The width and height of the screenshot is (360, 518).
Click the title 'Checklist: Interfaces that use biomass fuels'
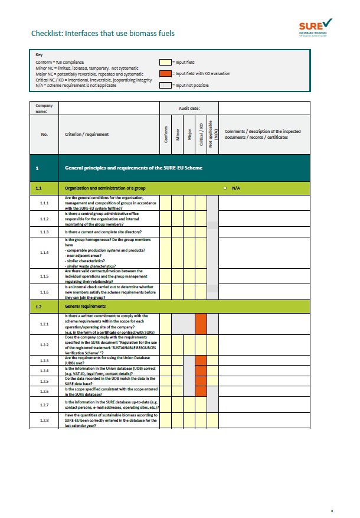click(x=103, y=34)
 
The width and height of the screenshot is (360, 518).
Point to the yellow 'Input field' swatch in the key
click(x=165, y=62)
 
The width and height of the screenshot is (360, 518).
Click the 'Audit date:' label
click(x=189, y=109)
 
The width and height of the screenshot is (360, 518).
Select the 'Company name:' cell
click(x=44, y=108)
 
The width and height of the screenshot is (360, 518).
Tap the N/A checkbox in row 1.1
click(x=225, y=188)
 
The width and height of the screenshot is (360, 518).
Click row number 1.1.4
click(x=44, y=252)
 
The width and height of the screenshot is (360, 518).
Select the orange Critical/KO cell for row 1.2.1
click(x=201, y=324)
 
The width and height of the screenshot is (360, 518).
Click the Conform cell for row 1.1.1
click(x=166, y=203)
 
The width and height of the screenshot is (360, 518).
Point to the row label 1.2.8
click(x=44, y=421)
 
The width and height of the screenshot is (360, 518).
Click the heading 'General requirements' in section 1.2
click(x=85, y=307)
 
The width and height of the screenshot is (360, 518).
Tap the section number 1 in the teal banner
click(x=37, y=169)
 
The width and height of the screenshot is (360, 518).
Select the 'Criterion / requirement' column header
click(x=87, y=135)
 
